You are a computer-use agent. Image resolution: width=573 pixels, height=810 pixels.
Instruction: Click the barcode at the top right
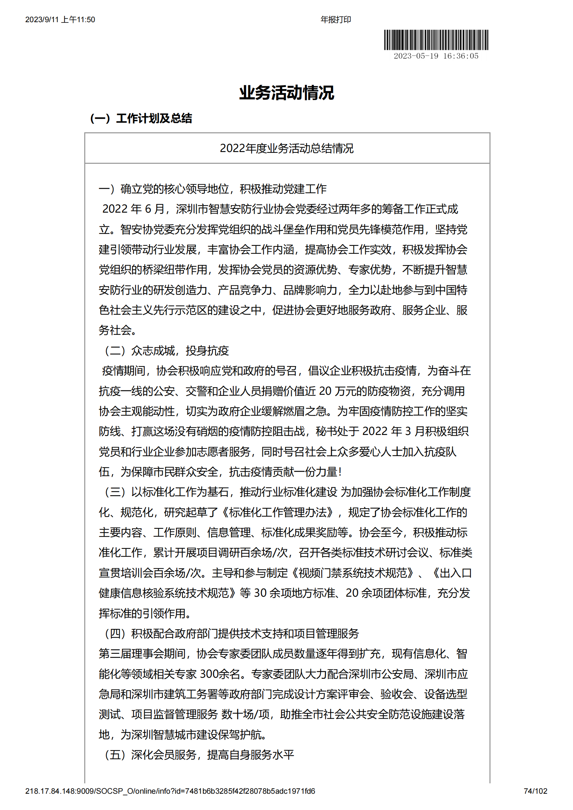tap(436, 40)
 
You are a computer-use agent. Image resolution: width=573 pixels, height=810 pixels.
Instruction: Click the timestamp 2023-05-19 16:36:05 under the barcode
tap(436, 56)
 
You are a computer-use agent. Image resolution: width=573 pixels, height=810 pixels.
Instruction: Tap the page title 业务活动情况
tap(286, 93)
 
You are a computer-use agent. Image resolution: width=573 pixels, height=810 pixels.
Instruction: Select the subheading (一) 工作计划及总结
tap(141, 118)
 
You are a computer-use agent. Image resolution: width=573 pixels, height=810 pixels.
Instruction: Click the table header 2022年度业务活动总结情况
tap(286, 149)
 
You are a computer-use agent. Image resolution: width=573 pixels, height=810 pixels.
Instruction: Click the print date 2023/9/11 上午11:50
tap(60, 20)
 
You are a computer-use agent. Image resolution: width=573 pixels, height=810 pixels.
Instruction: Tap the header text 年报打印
tap(336, 20)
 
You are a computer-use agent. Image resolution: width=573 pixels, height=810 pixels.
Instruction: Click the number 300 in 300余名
tap(209, 674)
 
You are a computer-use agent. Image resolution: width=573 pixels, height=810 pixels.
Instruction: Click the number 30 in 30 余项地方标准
tap(260, 593)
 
